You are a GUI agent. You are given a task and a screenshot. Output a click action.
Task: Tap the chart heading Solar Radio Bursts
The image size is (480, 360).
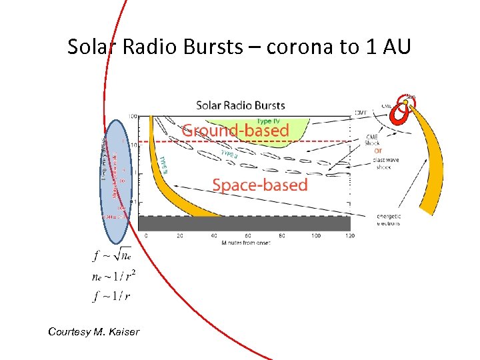point(240,105)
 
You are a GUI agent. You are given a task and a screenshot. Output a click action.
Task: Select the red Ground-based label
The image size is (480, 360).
point(235,131)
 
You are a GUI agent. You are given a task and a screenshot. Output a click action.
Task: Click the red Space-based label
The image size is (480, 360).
point(260,185)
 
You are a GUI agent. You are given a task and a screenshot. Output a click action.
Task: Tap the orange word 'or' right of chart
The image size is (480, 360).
point(379,149)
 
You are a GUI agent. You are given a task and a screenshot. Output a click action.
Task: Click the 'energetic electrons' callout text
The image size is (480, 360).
point(389,220)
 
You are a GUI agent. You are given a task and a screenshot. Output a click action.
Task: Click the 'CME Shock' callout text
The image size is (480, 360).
point(372,140)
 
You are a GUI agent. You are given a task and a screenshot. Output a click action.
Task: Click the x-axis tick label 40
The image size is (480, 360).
point(214,236)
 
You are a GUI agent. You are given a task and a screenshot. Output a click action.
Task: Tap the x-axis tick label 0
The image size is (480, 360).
point(147,236)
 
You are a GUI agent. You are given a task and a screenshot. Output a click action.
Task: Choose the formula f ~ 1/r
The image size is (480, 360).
point(111,296)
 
